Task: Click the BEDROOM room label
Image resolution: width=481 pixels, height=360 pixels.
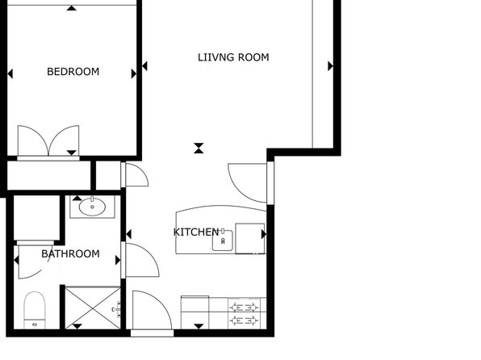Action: click(73, 72)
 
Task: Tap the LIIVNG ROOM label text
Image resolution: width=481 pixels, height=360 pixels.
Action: click(233, 57)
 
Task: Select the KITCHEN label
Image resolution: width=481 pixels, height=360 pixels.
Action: click(196, 232)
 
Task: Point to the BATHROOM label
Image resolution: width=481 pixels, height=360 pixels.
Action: click(70, 253)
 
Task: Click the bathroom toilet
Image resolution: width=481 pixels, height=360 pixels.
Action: click(35, 310)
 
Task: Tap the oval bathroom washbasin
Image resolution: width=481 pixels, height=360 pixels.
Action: click(92, 207)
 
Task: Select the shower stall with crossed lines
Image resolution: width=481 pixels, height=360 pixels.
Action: click(93, 308)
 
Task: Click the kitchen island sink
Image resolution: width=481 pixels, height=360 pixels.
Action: click(223, 241)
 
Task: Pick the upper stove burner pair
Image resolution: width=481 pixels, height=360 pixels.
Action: click(244, 307)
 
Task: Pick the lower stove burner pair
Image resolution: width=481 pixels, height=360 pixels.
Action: click(244, 320)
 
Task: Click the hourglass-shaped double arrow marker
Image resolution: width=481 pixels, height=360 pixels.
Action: click(199, 148)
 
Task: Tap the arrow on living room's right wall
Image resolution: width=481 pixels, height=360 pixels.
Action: click(330, 66)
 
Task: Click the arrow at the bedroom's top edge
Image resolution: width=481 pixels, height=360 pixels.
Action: click(72, 8)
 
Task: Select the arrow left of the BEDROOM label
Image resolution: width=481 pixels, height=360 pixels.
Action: click(10, 73)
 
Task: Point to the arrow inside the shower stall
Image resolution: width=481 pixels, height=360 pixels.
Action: click(77, 326)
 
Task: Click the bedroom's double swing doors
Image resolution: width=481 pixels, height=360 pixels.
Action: click(48, 141)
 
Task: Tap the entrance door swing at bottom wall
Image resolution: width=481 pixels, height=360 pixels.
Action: click(152, 310)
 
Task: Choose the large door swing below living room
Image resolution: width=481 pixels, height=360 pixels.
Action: click(247, 183)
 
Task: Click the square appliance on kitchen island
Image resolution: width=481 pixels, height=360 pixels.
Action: click(249, 238)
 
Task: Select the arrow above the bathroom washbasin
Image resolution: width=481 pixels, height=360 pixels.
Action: click(77, 199)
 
